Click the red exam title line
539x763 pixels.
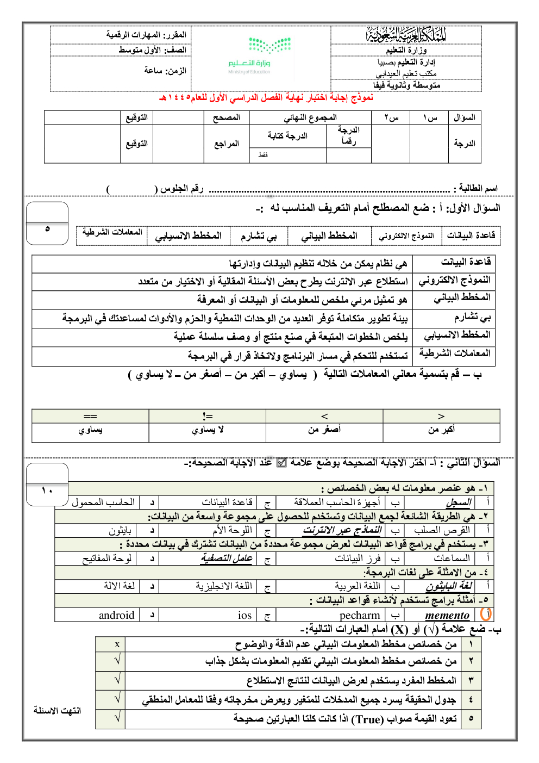[266, 98]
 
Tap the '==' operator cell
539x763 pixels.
[90, 416]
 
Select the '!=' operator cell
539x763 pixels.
[207, 416]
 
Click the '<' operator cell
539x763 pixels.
[324, 416]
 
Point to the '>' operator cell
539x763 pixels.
[441, 416]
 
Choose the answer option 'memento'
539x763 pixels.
[447, 616]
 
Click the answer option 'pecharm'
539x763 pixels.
[360, 616]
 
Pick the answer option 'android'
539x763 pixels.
[116, 616]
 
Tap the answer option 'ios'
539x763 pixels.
[245, 616]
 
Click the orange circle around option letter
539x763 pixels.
[486, 614]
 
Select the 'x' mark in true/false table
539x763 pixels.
[117, 644]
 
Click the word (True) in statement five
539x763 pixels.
[367, 719]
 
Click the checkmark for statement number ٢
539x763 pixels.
[117, 661]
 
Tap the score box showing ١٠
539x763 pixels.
[47, 491]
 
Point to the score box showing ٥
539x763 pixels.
[47, 229]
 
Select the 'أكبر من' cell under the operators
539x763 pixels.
[441, 430]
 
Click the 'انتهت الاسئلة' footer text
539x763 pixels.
[57, 710]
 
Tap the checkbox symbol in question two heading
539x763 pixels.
[281, 463]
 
